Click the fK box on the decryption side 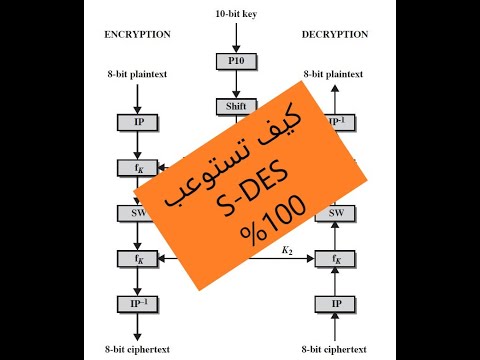[x=330, y=259]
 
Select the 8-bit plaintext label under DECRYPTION [x=334, y=74]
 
